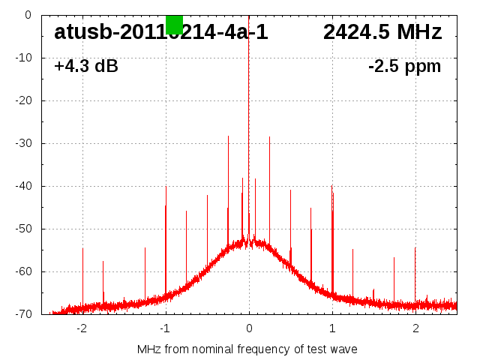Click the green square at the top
click(174, 24)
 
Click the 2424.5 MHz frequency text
click(382, 32)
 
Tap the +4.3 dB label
click(85, 67)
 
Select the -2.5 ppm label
click(404, 67)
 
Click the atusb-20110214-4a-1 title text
click(160, 32)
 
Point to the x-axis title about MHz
click(247, 349)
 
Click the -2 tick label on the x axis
click(81, 328)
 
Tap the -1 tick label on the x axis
click(164, 328)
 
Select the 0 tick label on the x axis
click(249, 328)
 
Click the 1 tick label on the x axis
click(332, 328)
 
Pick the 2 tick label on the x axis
click(415, 328)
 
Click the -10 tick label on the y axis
click(23, 58)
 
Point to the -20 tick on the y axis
click(23, 100)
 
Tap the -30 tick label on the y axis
click(23, 143)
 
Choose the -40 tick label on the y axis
click(23, 186)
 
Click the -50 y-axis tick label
click(23, 229)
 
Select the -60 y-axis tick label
click(23, 271)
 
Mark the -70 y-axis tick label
click(23, 314)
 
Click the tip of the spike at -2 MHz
click(82, 248)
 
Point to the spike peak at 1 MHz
click(331, 186)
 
